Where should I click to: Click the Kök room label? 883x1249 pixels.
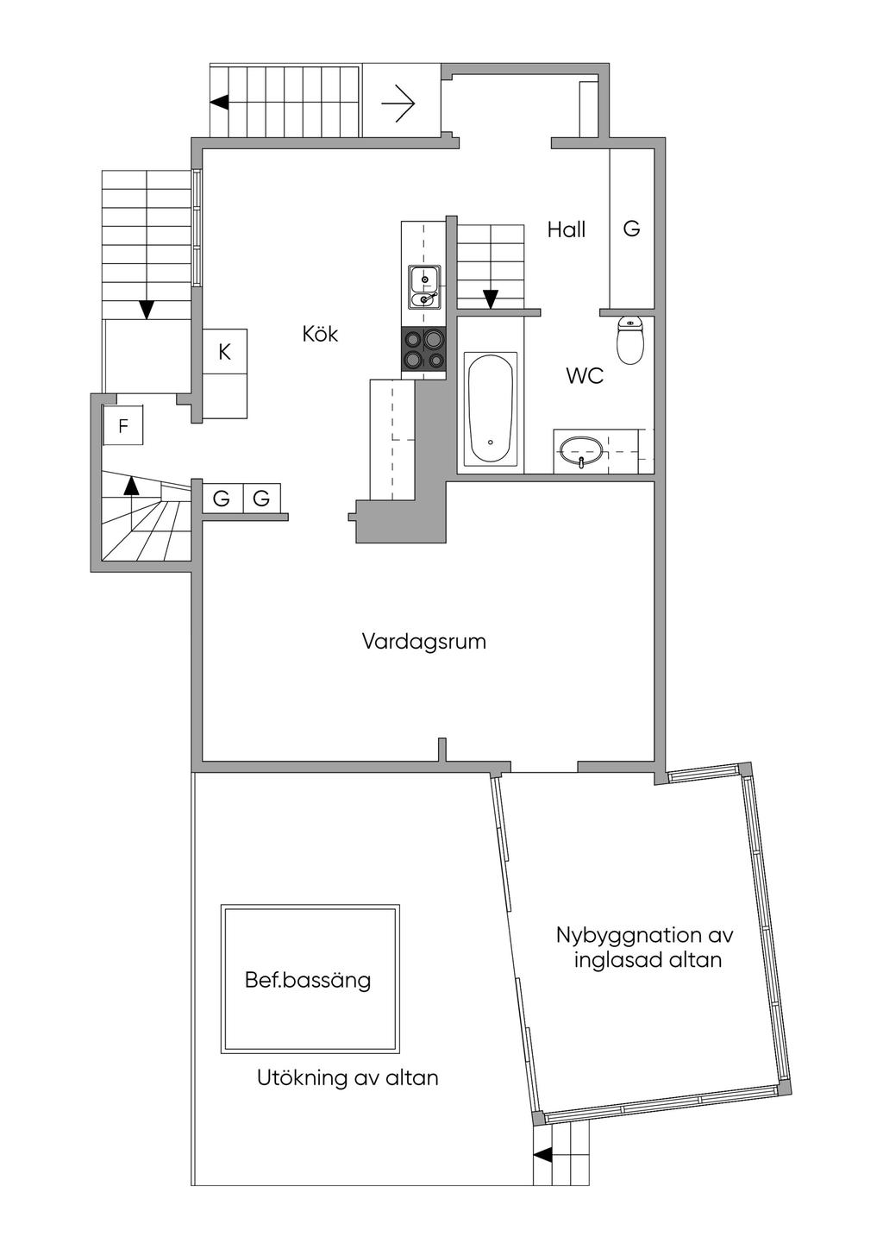(320, 334)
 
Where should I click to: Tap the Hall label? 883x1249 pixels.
(566, 229)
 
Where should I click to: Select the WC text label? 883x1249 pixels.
(584, 376)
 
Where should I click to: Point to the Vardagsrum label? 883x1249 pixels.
(423, 642)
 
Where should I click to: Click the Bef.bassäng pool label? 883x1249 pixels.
(308, 981)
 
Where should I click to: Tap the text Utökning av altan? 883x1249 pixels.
(348, 1078)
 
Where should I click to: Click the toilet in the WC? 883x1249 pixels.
(631, 340)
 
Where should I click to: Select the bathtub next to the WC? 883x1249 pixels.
(490, 409)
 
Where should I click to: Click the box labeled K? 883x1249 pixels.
(224, 353)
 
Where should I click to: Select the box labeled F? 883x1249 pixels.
(123, 426)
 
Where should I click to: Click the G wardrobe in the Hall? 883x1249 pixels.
(631, 229)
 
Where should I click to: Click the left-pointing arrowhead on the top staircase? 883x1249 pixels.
(219, 102)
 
